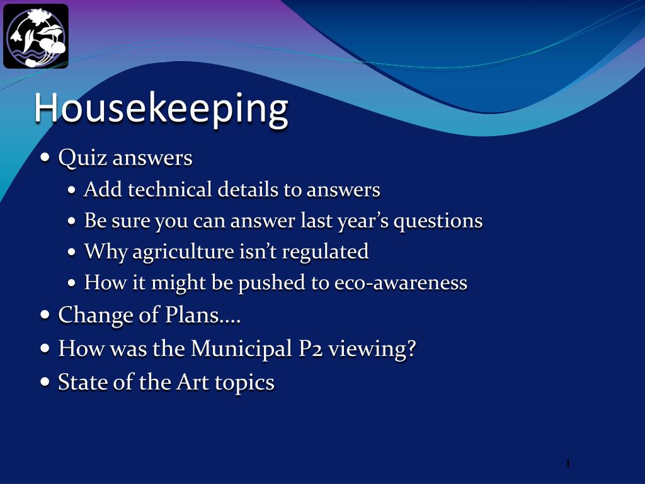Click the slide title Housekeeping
point(161,108)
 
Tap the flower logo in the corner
point(36,36)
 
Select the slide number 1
point(568,464)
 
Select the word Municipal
point(241,349)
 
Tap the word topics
point(245,383)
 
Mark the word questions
point(438,222)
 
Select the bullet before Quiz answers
point(45,158)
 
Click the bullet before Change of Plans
point(45,315)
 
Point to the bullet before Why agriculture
point(72,252)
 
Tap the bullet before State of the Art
point(45,382)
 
